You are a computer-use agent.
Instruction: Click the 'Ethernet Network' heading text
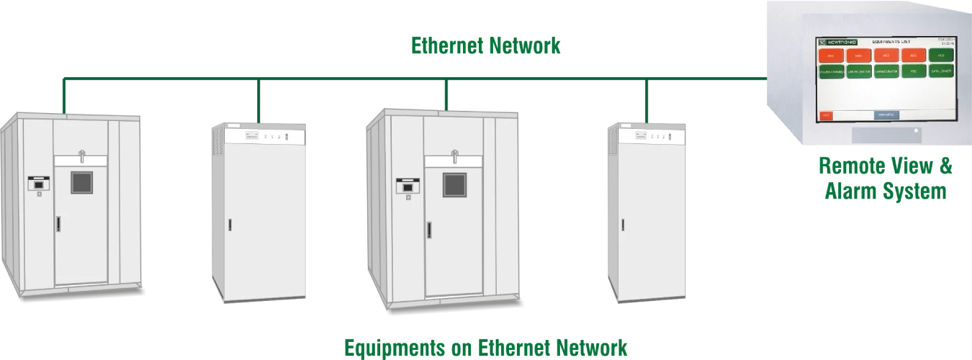(486, 48)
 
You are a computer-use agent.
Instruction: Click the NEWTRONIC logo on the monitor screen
(837, 42)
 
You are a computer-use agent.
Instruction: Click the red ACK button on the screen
(825, 115)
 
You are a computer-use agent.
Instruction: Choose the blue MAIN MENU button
(886, 115)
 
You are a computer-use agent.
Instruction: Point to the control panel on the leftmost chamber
(37, 184)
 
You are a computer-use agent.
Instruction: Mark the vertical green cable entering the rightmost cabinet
(647, 100)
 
